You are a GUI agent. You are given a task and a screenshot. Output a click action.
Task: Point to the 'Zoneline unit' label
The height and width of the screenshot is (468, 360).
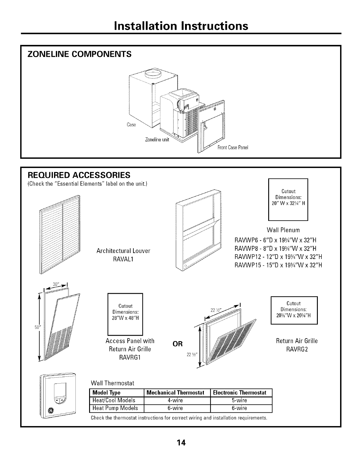point(157,140)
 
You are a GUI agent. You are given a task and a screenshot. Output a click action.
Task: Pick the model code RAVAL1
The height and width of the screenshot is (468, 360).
point(123,259)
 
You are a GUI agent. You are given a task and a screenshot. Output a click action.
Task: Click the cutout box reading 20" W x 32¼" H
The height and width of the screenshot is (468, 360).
point(288,199)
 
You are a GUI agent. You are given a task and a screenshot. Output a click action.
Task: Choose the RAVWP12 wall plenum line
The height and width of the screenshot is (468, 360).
point(278,257)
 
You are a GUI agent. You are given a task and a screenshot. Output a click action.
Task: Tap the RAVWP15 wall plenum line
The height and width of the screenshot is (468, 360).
point(278,265)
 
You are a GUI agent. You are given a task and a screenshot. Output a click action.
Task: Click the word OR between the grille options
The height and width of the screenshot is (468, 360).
point(178,344)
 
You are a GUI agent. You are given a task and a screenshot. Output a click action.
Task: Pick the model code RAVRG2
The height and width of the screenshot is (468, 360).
point(297,349)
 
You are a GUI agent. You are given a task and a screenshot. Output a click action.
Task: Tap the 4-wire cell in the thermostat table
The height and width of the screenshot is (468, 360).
point(177,400)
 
